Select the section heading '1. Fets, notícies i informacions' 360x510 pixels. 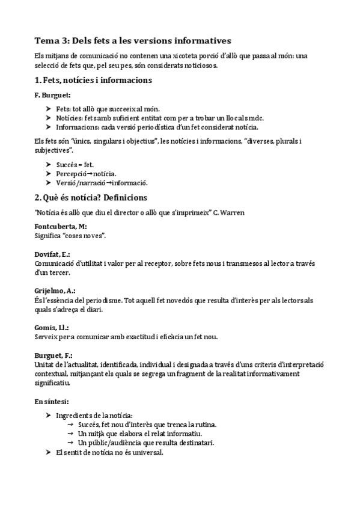[x=93, y=80]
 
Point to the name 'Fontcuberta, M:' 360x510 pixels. [x=61, y=227]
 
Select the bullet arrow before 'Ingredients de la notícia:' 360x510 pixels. [x=48, y=416]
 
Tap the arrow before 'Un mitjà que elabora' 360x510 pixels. [x=71, y=434]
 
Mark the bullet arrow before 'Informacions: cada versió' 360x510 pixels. [x=48, y=127]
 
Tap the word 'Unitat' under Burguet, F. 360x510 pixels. [x=45, y=364]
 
